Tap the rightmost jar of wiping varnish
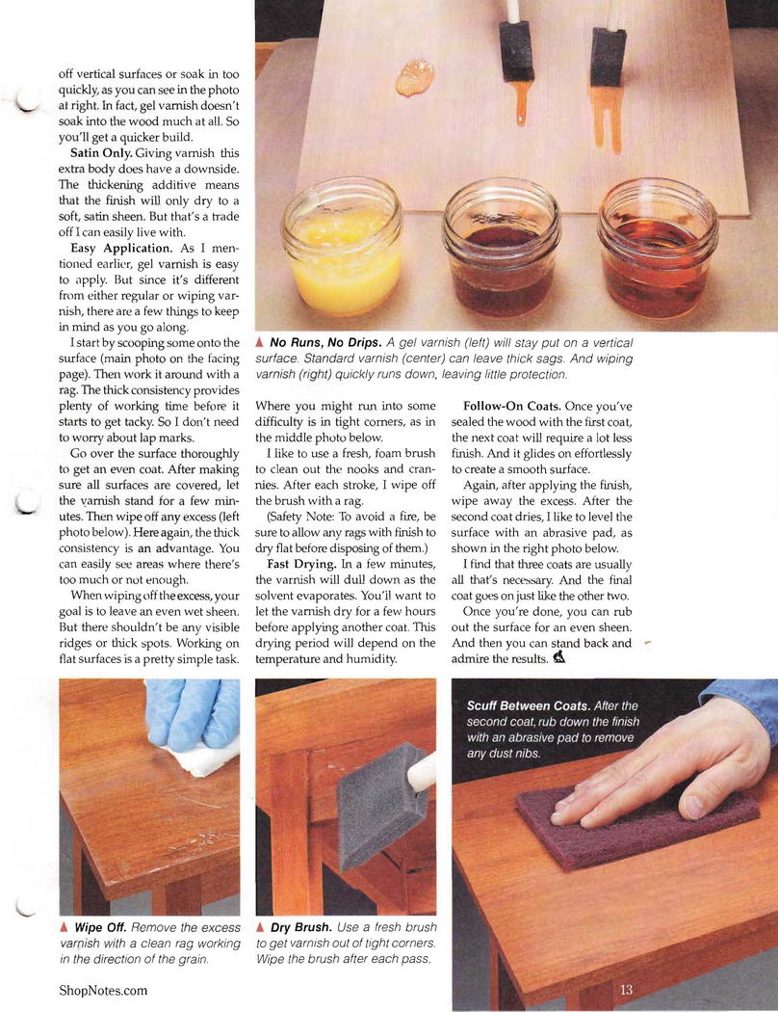pyautogui.click(x=657, y=250)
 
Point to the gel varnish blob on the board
pyautogui.click(x=414, y=77)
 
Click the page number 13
pyautogui.click(x=627, y=989)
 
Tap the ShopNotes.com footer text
pyautogui.click(x=103, y=990)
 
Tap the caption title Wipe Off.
pyautogui.click(x=100, y=927)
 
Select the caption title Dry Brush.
pyautogui.click(x=301, y=927)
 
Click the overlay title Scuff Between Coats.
pyautogui.click(x=529, y=706)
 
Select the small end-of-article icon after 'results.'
pyautogui.click(x=559, y=657)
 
